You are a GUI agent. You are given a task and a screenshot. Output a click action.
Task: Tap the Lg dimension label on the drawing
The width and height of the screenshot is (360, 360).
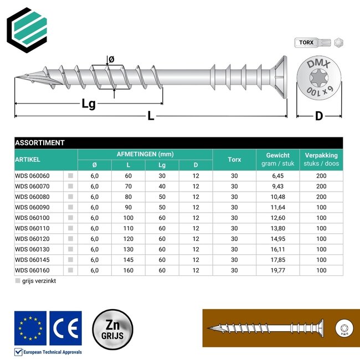point(89,103)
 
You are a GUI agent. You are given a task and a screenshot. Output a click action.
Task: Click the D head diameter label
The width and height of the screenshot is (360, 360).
point(318,116)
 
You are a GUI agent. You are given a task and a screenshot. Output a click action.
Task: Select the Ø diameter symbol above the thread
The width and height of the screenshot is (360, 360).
point(111,59)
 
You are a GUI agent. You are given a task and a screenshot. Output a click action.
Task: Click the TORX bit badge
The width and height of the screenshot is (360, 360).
point(307,43)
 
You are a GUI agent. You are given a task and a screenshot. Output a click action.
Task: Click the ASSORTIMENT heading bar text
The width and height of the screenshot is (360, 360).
point(40,142)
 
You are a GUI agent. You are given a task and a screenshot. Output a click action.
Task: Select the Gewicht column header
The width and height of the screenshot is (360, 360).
point(277,156)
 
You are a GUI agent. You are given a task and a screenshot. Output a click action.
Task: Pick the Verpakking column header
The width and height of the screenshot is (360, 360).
point(321,156)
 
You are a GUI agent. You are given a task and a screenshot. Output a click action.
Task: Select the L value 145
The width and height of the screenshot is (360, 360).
point(128,260)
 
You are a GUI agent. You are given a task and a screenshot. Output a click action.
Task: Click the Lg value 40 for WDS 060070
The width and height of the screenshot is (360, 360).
point(162,186)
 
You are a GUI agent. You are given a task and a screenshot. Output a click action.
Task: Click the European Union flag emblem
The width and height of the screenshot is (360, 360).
point(30,328)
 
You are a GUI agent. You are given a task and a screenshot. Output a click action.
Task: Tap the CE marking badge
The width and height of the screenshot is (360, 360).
point(65,328)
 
